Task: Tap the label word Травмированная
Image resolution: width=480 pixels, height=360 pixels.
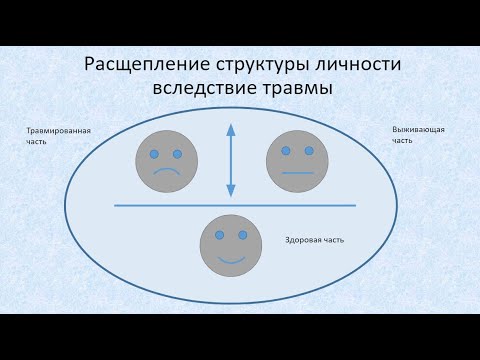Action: (59, 131)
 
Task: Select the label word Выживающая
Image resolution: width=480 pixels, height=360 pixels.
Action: (418, 131)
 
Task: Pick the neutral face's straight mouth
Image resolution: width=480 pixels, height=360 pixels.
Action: (297, 173)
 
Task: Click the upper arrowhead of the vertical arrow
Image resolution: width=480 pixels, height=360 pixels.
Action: (231, 128)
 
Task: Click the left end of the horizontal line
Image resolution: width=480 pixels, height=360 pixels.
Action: (116, 205)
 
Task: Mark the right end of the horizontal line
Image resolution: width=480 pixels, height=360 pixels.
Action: (355, 205)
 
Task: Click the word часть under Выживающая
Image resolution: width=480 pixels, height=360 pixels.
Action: (402, 141)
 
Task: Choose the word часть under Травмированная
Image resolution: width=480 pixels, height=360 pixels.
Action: (37, 141)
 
